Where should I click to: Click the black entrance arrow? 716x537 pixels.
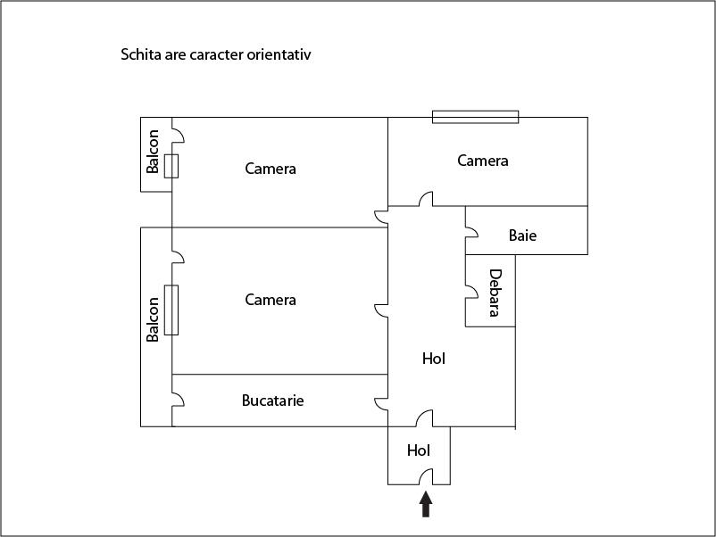coord(426,504)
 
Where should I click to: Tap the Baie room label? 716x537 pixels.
coord(522,235)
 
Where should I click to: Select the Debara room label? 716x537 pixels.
coord(495,293)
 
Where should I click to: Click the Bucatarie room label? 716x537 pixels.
coord(272,401)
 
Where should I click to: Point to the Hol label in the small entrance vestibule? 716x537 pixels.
coord(419,450)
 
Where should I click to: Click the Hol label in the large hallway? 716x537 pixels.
coord(433,359)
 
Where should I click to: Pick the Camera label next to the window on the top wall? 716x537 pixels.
coord(483,161)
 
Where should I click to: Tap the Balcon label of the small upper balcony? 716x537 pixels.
coord(153,152)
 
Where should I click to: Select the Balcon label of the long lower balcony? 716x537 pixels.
coord(153,319)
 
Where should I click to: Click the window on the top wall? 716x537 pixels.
coord(475,117)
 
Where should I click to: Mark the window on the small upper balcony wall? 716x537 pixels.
coord(171,166)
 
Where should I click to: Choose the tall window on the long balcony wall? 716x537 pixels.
coord(171,310)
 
